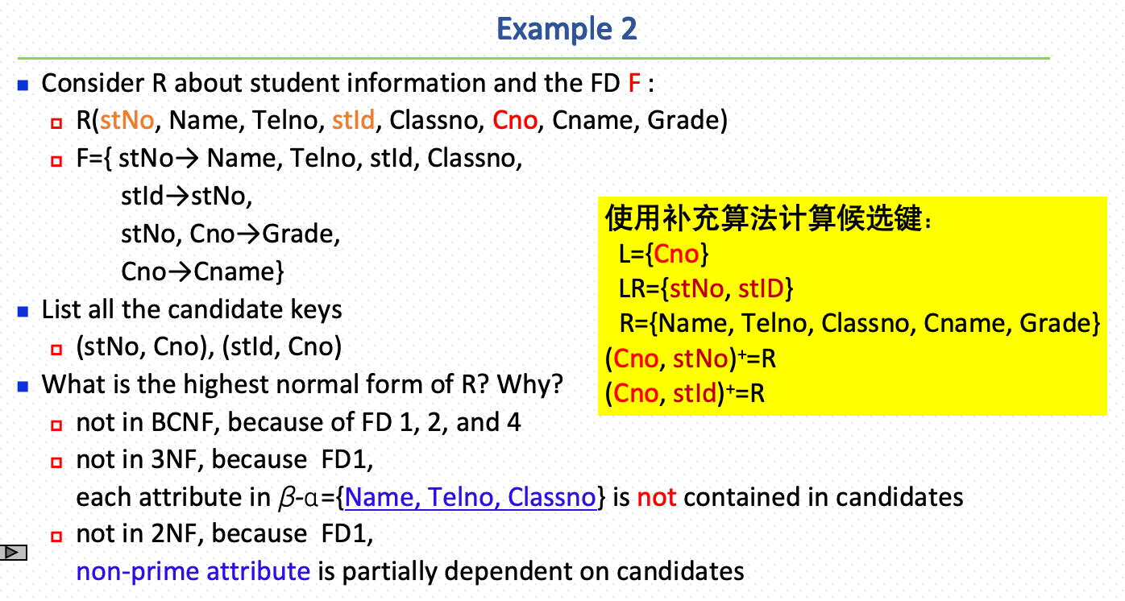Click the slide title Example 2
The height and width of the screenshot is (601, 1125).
(567, 29)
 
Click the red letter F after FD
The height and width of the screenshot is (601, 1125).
(634, 83)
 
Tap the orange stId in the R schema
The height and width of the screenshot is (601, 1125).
(354, 121)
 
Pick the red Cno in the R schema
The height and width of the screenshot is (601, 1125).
(514, 121)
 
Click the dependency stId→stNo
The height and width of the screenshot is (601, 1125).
(187, 196)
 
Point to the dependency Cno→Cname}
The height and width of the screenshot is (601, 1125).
(202, 271)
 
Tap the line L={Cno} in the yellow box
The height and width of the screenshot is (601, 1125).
(663, 255)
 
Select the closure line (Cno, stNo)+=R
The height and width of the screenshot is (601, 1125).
(690, 359)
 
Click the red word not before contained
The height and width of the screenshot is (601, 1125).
(656, 497)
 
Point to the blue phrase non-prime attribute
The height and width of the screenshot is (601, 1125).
(193, 572)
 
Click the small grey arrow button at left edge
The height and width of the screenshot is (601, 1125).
(14, 553)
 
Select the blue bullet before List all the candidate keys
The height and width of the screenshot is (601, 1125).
(23, 310)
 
